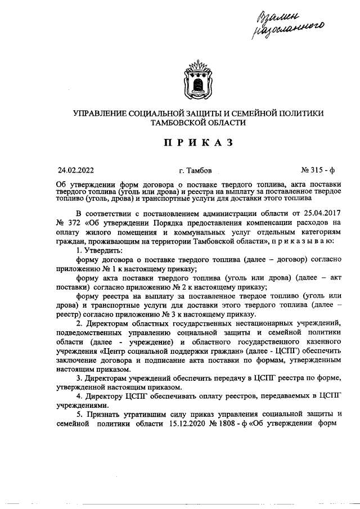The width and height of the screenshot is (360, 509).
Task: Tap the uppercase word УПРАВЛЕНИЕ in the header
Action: (x=101, y=114)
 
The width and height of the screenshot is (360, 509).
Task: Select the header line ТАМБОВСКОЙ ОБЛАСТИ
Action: (x=199, y=123)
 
